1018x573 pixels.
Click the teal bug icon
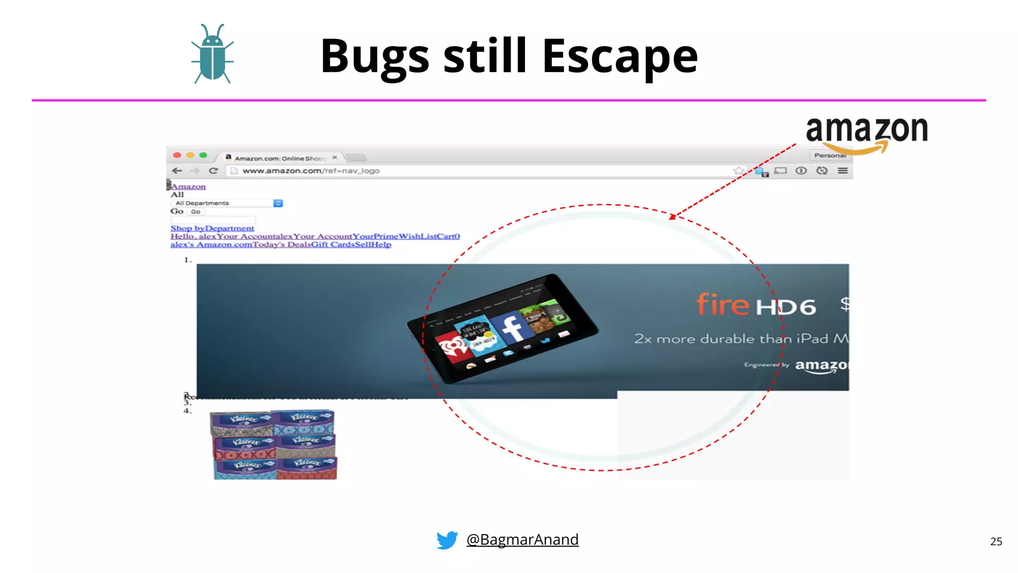212,54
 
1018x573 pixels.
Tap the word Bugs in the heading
375,57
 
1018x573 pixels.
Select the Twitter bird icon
447,540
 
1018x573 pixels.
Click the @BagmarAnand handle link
522,539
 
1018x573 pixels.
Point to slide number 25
996,541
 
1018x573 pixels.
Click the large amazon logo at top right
866,132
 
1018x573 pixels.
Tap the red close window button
177,155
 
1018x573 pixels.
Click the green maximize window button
203,155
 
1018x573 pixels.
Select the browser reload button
213,171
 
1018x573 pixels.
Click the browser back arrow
177,171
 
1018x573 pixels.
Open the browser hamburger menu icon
843,171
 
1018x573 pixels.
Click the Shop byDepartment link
212,228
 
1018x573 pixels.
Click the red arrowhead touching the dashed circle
673,216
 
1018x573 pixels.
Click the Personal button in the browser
830,155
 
